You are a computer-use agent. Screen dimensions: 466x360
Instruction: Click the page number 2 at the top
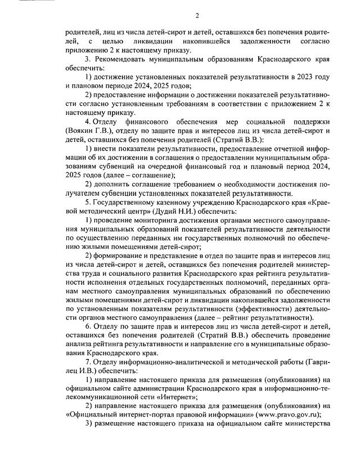tap(197, 15)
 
